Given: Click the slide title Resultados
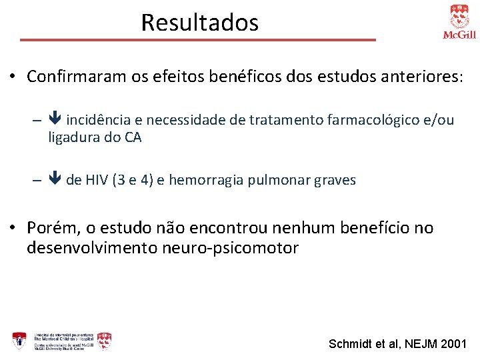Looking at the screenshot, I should click(x=199, y=23).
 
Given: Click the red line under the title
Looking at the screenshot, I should click(x=198, y=40).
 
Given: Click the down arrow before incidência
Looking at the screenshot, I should click(x=55, y=120).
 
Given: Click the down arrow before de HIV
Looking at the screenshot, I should click(x=55, y=180).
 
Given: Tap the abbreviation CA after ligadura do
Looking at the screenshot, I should click(x=132, y=138).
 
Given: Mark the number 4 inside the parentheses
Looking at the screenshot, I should click(x=148, y=180).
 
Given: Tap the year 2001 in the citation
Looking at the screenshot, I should click(x=455, y=344).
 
